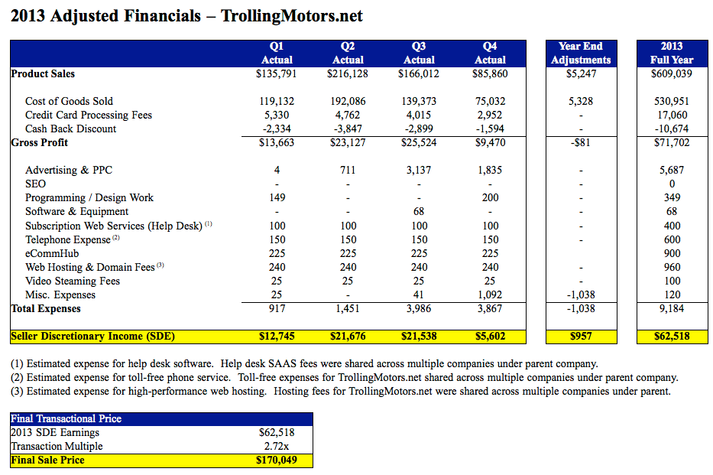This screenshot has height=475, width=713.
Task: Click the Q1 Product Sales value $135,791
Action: tap(276, 74)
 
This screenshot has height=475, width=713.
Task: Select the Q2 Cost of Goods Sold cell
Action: tap(348, 101)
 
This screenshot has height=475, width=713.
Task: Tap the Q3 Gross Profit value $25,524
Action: tap(419, 142)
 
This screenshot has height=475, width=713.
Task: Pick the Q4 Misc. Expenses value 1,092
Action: tap(490, 294)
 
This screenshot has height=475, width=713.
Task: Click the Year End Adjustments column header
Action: tap(581, 53)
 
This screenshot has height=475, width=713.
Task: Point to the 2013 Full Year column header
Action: tap(672, 53)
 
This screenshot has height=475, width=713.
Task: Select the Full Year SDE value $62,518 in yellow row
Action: tap(672, 337)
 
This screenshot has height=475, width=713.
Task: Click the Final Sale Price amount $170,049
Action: tap(276, 460)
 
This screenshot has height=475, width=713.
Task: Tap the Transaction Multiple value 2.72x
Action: tap(276, 446)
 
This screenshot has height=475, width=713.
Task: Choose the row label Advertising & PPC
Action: tap(69, 170)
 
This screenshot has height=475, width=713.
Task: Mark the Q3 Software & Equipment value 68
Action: tap(419, 211)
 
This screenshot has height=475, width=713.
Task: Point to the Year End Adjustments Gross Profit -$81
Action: tap(581, 142)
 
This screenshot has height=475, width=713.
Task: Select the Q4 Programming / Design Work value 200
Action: tap(490, 197)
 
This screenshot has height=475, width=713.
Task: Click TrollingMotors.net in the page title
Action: tap(291, 15)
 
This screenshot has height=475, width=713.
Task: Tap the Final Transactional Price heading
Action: tap(66, 418)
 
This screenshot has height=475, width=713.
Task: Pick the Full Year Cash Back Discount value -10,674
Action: tap(672, 129)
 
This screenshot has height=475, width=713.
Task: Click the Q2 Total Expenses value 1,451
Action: tap(348, 309)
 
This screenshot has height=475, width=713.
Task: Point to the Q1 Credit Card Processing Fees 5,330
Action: tap(276, 115)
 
